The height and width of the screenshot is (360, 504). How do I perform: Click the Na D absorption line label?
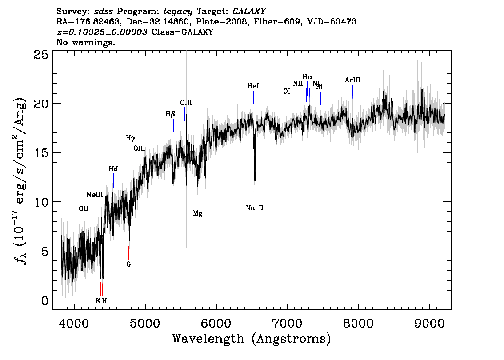pyautogui.click(x=254, y=208)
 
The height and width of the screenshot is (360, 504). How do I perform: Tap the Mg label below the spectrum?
pyautogui.click(x=198, y=213)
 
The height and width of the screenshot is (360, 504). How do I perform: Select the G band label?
pyautogui.click(x=128, y=264)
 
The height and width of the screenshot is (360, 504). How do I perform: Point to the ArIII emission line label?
pyautogui.click(x=352, y=80)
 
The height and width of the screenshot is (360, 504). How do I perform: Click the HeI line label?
pyautogui.click(x=253, y=86)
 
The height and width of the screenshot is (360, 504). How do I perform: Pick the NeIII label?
pyautogui.click(x=95, y=195)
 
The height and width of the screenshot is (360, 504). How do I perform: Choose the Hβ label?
pyautogui.click(x=170, y=114)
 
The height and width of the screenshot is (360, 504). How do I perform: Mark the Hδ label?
pyautogui.click(x=113, y=169)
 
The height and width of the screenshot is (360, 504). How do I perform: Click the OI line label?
pyautogui.click(x=287, y=91)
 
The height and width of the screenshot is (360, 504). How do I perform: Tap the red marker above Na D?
pyautogui.click(x=255, y=196)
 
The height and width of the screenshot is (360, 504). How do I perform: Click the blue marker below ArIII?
pyautogui.click(x=353, y=92)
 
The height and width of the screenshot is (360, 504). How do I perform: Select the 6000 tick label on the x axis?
pyautogui.click(x=216, y=324)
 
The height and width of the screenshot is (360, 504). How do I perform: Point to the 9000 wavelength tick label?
pyautogui.click(x=429, y=324)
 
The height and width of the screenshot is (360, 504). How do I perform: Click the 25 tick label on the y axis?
pyautogui.click(x=41, y=55)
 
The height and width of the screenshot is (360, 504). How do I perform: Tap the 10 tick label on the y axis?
pyautogui.click(x=41, y=202)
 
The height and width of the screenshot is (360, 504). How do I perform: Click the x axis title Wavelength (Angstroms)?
pyautogui.click(x=252, y=339)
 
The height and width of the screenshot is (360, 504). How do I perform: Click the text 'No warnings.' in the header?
pyautogui.click(x=85, y=42)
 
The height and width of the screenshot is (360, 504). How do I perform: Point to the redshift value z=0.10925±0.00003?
pyautogui.click(x=102, y=32)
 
